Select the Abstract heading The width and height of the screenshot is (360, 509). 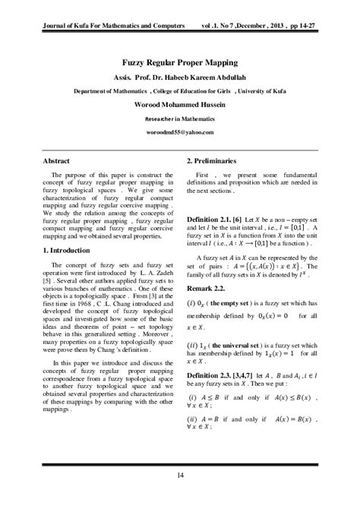[56, 162]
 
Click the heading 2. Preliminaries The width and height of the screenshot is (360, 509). [216, 162]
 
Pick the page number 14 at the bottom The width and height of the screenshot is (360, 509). [180, 476]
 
